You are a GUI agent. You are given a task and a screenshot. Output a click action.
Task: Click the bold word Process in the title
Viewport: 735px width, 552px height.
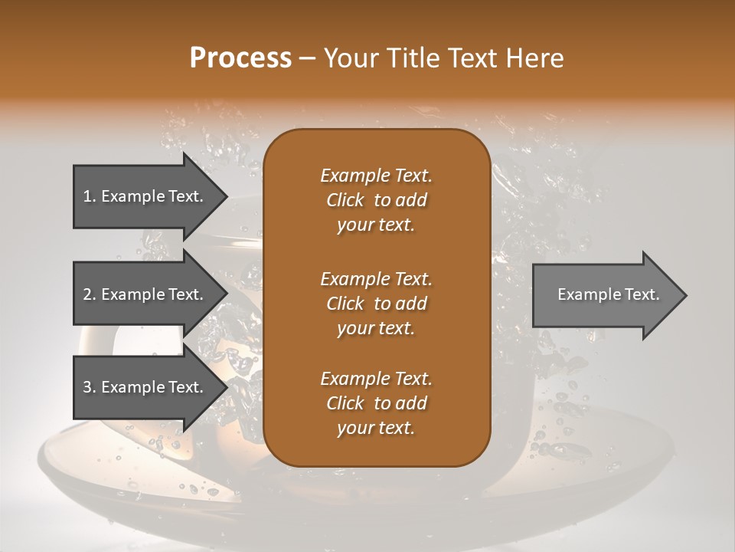pyautogui.click(x=240, y=58)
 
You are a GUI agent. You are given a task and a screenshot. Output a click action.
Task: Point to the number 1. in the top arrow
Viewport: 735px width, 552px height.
pyautogui.click(x=90, y=196)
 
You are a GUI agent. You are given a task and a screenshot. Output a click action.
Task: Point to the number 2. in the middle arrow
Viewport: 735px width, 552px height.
pyautogui.click(x=90, y=294)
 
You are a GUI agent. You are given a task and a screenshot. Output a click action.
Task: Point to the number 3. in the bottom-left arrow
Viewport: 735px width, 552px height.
pyautogui.click(x=90, y=387)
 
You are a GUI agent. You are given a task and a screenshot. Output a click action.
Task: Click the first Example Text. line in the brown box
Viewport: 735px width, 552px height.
pyautogui.click(x=376, y=176)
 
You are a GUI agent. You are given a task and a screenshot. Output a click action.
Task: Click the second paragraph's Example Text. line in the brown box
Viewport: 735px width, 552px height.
pyautogui.click(x=376, y=278)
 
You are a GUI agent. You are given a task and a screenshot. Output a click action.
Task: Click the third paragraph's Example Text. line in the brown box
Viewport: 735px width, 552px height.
pyautogui.click(x=376, y=379)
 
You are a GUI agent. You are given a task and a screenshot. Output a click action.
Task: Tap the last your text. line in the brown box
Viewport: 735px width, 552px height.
pyautogui.click(x=376, y=429)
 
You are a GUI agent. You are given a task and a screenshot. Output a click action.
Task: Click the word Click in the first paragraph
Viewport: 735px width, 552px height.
pyautogui.click(x=345, y=200)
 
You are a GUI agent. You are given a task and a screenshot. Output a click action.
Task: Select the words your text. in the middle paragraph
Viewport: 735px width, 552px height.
pyautogui.click(x=376, y=328)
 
